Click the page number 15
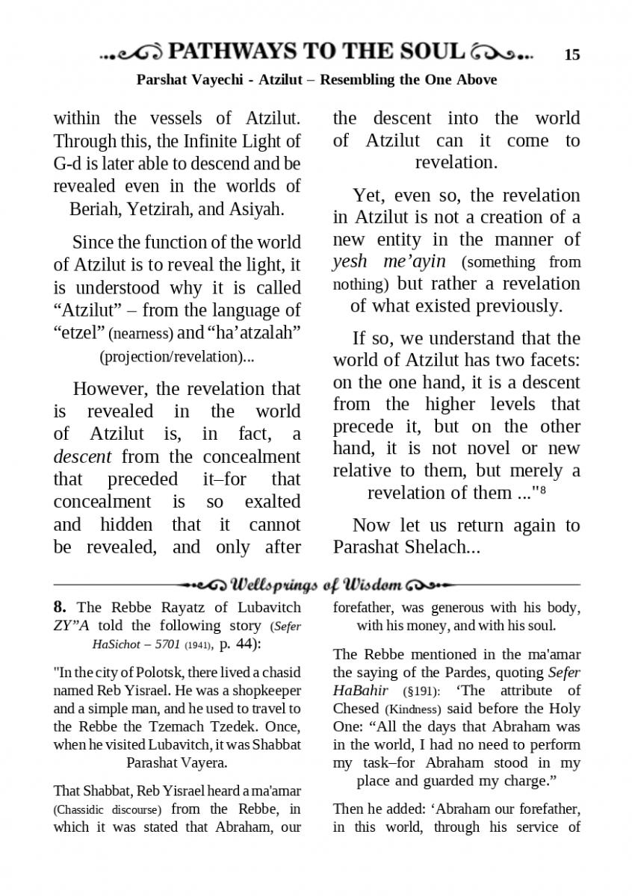(x=572, y=55)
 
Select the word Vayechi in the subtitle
(x=216, y=79)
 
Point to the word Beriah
(x=96, y=208)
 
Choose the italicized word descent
(x=82, y=456)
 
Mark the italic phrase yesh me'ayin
(x=388, y=261)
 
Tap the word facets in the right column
(x=552, y=361)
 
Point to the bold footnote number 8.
(x=60, y=607)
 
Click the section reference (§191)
(x=424, y=691)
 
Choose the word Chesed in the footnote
(x=356, y=709)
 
